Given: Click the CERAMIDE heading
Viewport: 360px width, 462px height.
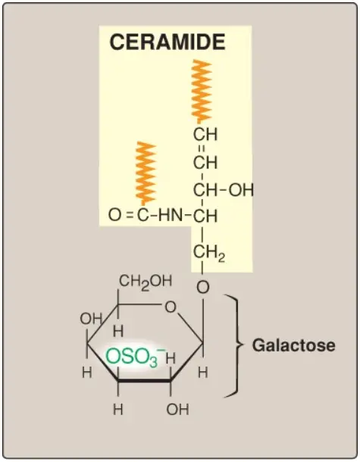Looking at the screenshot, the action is [167, 42].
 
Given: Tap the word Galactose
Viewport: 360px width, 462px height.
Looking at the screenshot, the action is [293, 345].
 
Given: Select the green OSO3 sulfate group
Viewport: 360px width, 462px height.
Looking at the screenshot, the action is [134, 357].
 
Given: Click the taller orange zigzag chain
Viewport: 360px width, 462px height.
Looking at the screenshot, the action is [202, 92].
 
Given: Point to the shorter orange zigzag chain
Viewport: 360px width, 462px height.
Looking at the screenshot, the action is [146, 173].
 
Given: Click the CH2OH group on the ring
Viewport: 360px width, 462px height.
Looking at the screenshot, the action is [146, 282].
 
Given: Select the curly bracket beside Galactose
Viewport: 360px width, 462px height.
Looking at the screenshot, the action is [234, 345].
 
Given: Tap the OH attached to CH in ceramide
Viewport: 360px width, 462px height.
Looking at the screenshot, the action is [241, 190].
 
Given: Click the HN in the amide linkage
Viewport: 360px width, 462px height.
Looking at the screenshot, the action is [171, 215].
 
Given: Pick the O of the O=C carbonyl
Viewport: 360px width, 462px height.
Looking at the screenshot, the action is [114, 215].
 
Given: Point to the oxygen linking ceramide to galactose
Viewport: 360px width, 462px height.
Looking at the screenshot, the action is [202, 287].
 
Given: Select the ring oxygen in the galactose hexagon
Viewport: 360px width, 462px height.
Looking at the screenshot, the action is [170, 307].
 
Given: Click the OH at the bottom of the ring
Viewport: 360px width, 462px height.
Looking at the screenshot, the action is [177, 409].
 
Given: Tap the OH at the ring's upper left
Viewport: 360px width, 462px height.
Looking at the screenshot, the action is [91, 319].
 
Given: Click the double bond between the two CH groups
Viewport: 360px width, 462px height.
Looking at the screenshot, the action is [202, 148].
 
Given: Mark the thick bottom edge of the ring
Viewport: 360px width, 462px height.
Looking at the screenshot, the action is [144, 381].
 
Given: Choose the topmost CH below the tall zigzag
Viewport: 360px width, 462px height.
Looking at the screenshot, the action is [205, 134].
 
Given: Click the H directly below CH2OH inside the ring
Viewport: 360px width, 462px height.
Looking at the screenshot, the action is [118, 332].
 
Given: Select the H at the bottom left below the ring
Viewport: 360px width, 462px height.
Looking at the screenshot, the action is [118, 409].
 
